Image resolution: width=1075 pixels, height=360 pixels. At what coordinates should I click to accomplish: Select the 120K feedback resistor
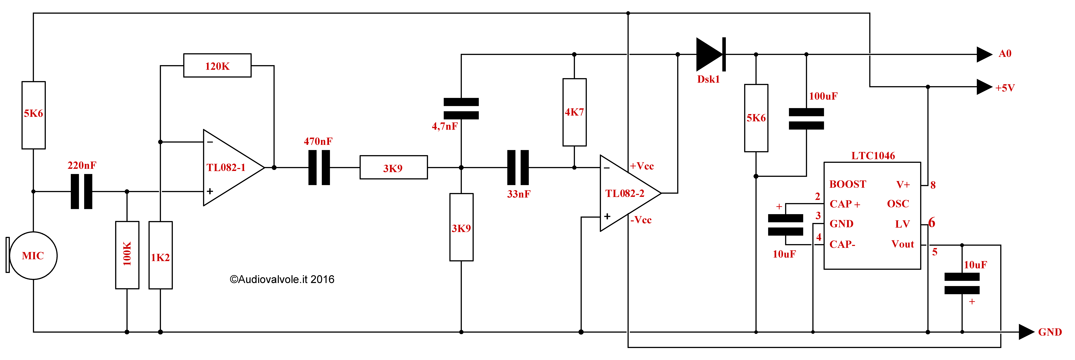coord(217,65)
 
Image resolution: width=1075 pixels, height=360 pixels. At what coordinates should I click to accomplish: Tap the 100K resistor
coord(127,255)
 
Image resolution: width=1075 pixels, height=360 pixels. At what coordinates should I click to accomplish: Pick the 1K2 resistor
coord(161,255)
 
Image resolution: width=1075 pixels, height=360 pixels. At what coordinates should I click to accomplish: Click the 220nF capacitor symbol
coord(81,191)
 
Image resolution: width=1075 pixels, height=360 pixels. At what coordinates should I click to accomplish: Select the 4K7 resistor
coord(575,112)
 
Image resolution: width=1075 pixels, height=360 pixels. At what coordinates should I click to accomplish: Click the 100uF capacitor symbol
coord(806,119)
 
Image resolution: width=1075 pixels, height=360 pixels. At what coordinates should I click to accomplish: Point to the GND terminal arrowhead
coord(1027,332)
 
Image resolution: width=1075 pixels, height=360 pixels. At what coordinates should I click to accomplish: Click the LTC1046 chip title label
coord(873,156)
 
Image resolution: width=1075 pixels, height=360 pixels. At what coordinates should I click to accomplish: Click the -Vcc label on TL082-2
coord(641,220)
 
